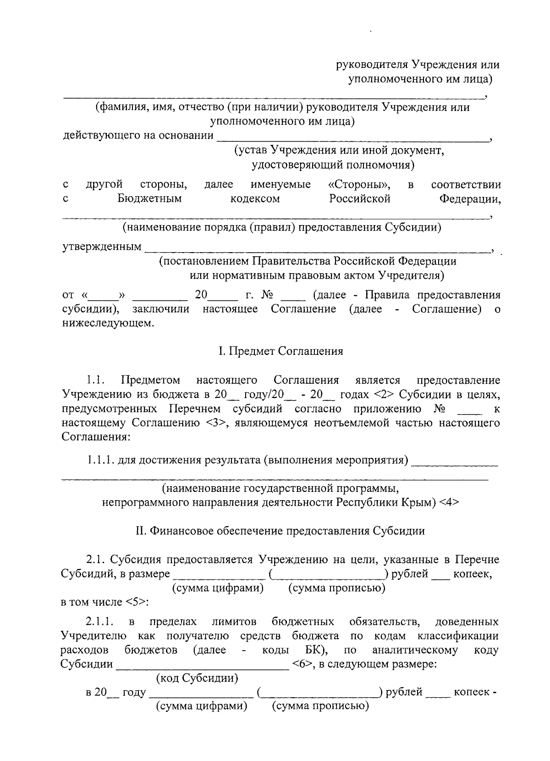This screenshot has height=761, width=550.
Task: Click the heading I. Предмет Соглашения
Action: (280, 352)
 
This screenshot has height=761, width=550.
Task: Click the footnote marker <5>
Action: (136, 602)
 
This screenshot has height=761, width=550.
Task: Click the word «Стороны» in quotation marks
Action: (360, 185)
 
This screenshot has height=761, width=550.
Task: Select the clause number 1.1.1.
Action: (100, 460)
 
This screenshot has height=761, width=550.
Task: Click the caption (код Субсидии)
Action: (197, 678)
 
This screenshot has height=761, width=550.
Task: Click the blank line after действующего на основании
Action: (353, 139)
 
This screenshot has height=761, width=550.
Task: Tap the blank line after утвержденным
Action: (316, 250)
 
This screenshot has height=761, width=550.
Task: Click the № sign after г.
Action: (267, 295)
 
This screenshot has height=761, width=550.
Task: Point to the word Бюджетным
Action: (149, 199)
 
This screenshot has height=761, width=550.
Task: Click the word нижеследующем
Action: (106, 323)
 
